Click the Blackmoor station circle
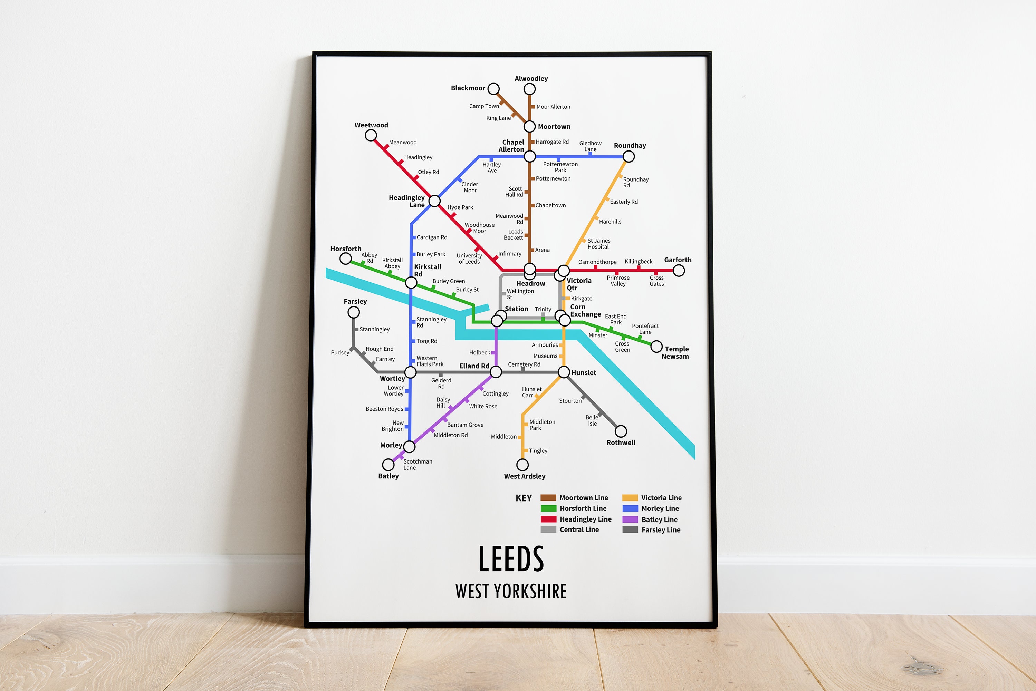point(493,89)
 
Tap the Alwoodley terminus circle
point(529,89)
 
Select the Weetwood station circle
point(371,135)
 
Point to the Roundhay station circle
point(629,156)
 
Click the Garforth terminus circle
point(679,271)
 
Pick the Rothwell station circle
point(621,431)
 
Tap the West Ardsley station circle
point(522,465)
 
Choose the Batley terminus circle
point(388,465)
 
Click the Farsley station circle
point(354,312)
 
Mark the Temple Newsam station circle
point(656,347)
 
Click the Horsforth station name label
point(346,249)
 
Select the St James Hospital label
point(599,244)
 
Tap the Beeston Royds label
point(384,409)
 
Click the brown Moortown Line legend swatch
point(548,497)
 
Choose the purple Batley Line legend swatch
point(630,519)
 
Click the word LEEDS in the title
point(511,559)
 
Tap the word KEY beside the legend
point(524,498)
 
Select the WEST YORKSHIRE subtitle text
point(511,591)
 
